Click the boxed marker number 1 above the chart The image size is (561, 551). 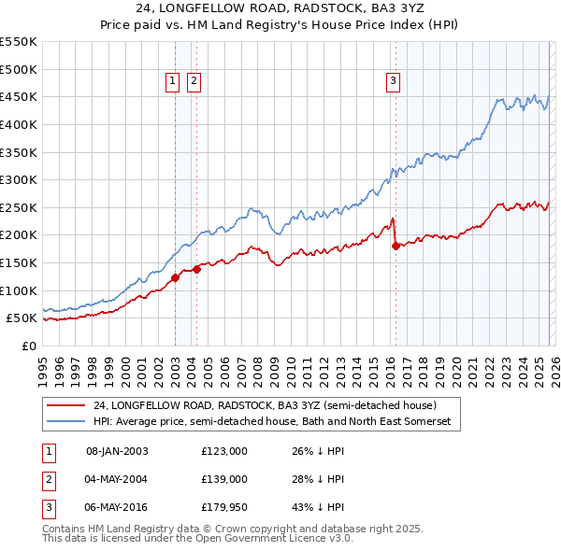coord(174,82)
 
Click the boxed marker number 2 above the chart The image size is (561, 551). coord(193,82)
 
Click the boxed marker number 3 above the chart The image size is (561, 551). coord(393,82)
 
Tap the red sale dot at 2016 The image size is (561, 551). coord(396,247)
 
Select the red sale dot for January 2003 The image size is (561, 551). coord(175,277)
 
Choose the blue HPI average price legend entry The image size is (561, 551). coord(271,422)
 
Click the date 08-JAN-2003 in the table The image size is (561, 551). coord(117,451)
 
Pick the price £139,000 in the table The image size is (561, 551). coord(224,479)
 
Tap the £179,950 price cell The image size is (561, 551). coord(224,507)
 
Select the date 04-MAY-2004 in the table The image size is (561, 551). coord(117,479)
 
